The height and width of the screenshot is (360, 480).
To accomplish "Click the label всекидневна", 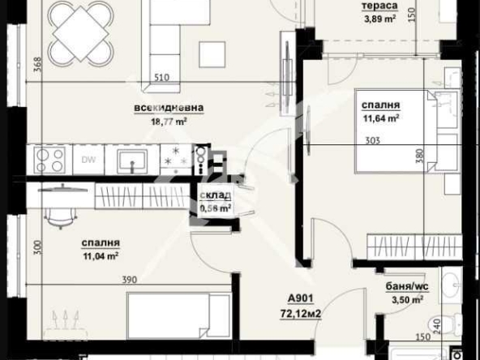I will [x=169, y=107].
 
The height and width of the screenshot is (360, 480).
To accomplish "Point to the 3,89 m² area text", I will [x=379, y=19].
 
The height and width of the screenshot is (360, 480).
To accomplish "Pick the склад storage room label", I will [x=216, y=195].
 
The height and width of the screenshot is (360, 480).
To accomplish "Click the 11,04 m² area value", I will [x=101, y=255].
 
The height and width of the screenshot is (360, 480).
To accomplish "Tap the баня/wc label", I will [x=405, y=286].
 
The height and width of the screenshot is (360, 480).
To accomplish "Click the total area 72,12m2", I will [x=303, y=311].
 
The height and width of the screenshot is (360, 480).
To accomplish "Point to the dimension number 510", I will [x=162, y=79].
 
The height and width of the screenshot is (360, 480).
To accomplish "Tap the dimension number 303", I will [x=373, y=139].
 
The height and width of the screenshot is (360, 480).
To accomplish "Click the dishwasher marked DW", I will [x=88, y=159].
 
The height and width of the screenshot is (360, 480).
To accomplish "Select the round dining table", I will [x=79, y=34].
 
